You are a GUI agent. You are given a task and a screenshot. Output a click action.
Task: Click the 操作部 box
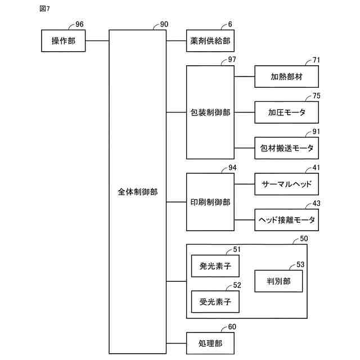click(64, 41)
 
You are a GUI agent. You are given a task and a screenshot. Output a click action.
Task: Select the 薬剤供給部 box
click(210, 41)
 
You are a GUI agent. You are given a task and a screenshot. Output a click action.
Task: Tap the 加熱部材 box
click(286, 76)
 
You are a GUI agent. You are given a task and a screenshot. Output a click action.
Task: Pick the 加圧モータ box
click(286, 112)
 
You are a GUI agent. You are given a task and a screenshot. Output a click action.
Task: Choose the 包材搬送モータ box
click(286, 148)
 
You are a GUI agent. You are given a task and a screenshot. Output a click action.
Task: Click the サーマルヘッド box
click(286, 184)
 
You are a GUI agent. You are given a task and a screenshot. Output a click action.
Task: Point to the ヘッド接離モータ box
click(286, 219)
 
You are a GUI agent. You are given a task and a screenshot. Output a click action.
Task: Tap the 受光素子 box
click(215, 301)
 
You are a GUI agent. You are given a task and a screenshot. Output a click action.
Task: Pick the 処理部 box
click(210, 343)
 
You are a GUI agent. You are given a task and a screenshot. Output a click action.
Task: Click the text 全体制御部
click(137, 192)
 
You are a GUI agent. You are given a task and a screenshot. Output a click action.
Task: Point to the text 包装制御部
click(210, 112)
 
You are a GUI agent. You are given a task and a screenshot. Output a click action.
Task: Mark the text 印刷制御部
click(210, 201)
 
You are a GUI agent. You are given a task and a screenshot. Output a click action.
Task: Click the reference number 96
click(79, 25)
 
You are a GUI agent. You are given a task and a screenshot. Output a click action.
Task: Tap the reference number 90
click(164, 25)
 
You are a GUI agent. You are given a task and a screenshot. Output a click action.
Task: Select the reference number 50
click(304, 239)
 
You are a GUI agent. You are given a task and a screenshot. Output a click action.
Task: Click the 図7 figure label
click(45, 9)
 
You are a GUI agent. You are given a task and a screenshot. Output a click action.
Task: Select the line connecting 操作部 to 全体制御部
click(97, 41)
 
